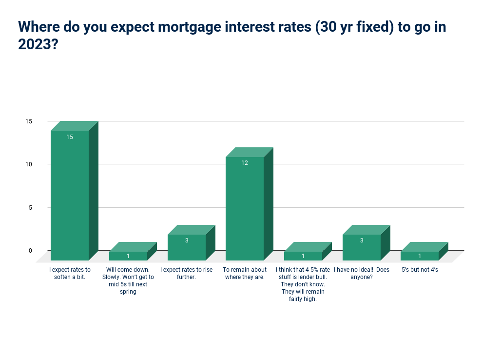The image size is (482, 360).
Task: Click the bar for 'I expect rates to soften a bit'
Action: pos(74,191)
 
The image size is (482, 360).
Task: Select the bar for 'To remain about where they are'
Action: pos(250,204)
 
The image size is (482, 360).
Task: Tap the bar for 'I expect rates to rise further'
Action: pos(191,243)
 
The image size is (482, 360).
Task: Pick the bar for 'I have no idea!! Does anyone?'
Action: pos(366,243)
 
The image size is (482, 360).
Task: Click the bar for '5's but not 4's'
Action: pos(424,251)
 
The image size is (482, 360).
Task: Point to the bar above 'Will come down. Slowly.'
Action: pos(133,251)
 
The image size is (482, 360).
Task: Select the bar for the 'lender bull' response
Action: pos(308,251)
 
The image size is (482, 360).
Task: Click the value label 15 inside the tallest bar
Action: pos(70,137)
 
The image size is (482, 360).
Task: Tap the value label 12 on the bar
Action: pos(245,163)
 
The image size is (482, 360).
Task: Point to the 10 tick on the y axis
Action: pos(29,164)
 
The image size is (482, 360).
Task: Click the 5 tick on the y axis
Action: pos(30,208)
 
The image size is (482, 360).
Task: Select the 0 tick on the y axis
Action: pos(30,251)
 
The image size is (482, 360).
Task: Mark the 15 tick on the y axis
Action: pos(29,121)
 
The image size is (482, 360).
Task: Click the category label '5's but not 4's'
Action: pos(420,270)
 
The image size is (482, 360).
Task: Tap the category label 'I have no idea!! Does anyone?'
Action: pos(362,273)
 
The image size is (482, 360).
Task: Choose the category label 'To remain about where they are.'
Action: pos(245,273)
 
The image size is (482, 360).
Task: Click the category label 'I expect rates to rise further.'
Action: pos(186,273)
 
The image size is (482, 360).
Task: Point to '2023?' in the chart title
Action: pos(38,44)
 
